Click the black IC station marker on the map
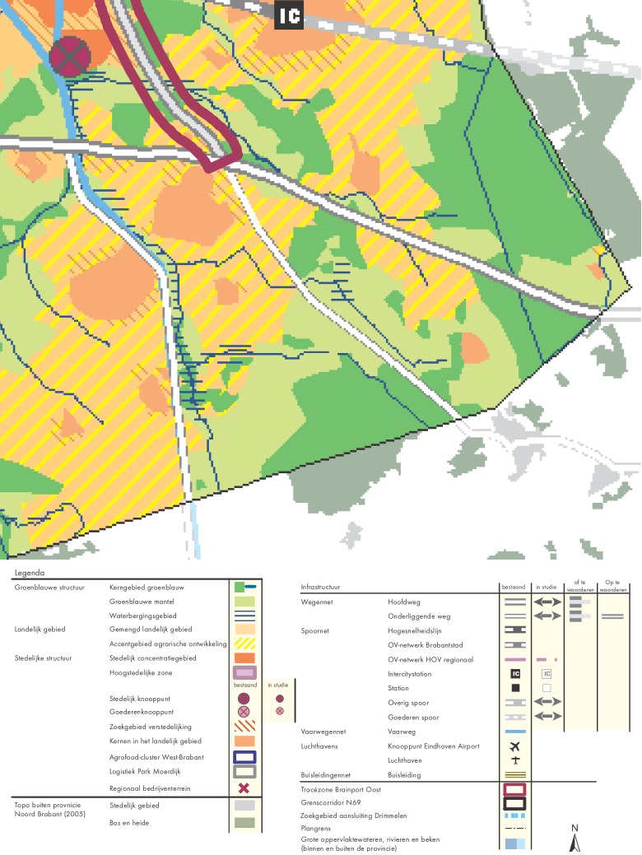[289, 16]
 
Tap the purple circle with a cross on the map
[70, 56]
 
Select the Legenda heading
[30, 573]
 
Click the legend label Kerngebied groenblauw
[147, 588]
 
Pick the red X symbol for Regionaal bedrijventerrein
[244, 788]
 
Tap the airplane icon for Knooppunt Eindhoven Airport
[515, 746]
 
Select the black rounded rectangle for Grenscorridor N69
[515, 803]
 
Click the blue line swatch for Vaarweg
[515, 732]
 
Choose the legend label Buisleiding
[404, 775]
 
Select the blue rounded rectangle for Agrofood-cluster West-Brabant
[244, 757]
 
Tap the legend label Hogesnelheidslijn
[416, 630]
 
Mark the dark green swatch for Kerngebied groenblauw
[240, 588]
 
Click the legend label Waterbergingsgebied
[142, 616]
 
